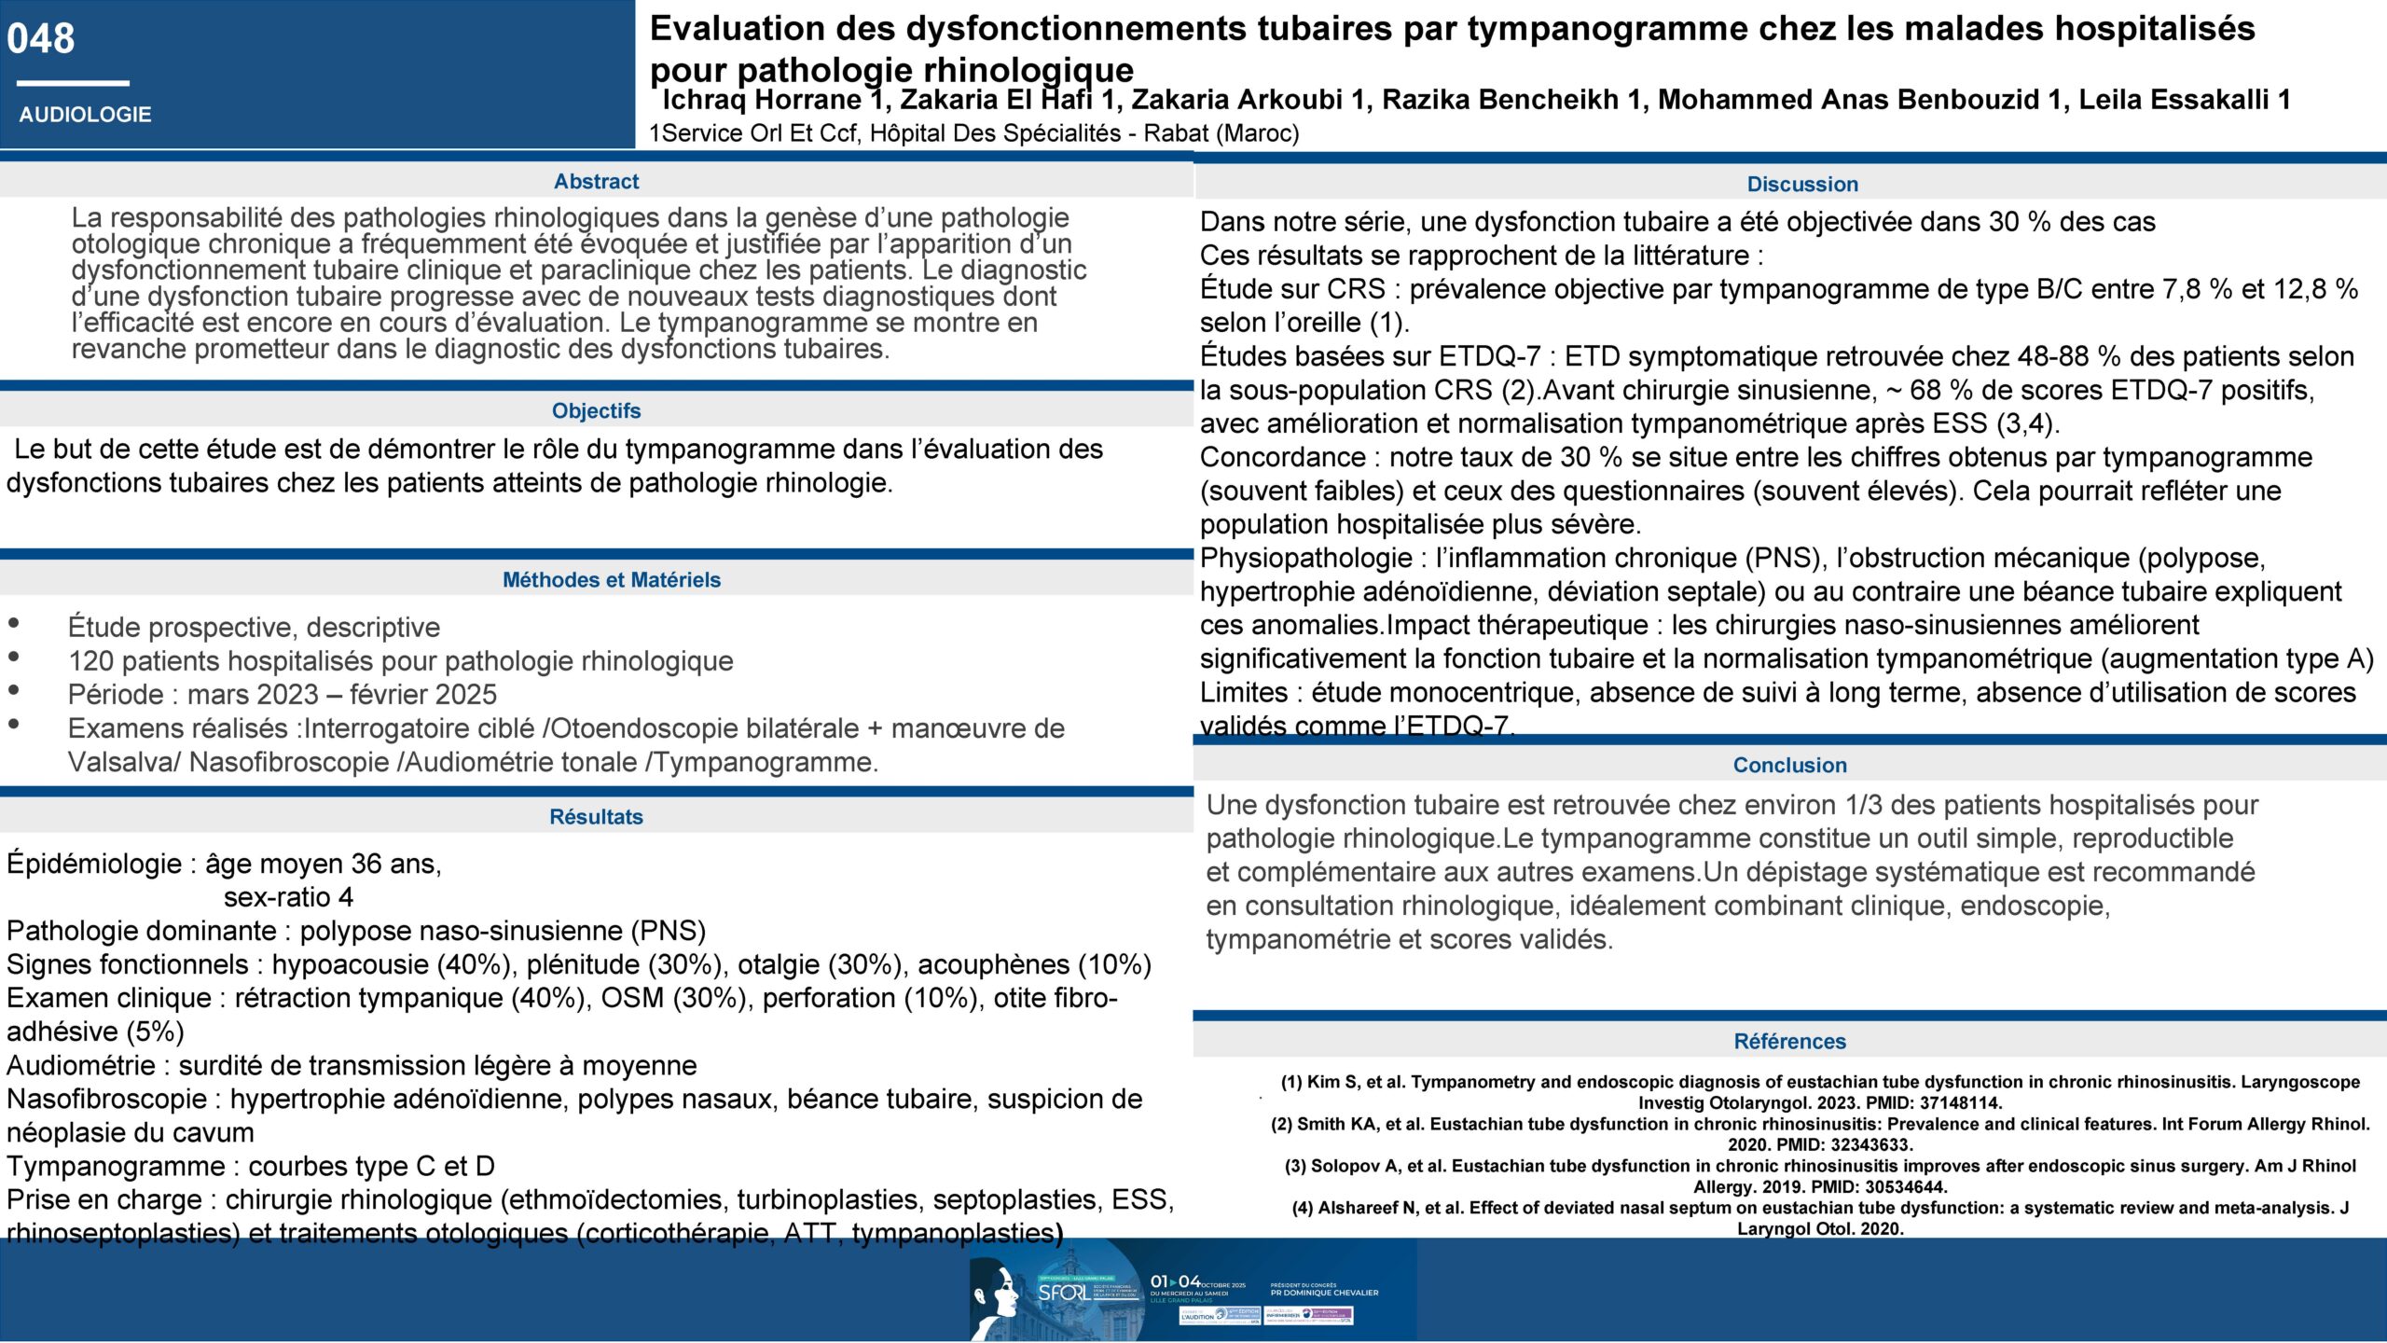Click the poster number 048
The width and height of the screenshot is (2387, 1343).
[40, 38]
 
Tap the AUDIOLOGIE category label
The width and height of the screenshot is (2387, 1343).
[85, 115]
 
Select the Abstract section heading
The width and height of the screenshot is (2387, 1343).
[596, 181]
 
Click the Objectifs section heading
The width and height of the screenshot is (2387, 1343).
[596, 410]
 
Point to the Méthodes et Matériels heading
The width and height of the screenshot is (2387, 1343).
[611, 579]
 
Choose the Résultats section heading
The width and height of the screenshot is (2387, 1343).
[596, 816]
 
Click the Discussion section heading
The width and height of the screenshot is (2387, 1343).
[1801, 184]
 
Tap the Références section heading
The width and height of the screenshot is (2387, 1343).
[1789, 1041]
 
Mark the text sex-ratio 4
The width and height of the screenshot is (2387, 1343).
[288, 897]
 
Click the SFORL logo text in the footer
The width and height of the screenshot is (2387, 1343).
[1063, 1293]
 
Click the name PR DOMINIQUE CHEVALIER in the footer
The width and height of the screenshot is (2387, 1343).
[1324, 1293]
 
